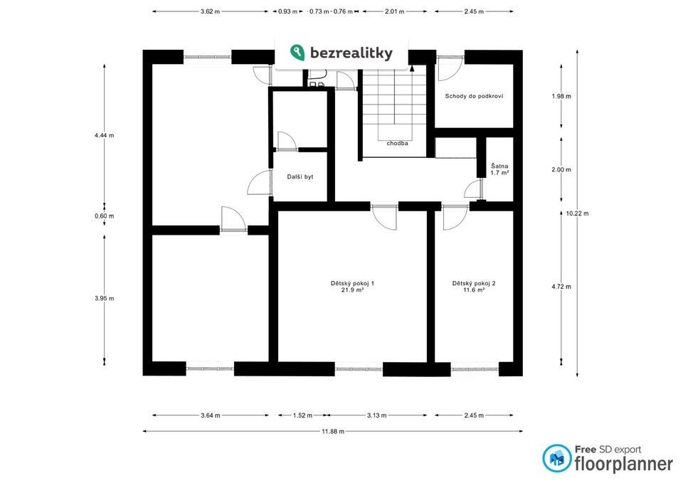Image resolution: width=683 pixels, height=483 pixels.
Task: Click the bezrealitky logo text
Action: pos(351,53)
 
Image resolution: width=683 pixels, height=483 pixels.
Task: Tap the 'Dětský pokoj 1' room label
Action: pos(352,283)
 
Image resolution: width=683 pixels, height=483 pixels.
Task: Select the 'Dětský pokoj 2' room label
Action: pos(474,283)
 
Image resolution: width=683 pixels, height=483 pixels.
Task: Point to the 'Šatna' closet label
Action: pos(499,166)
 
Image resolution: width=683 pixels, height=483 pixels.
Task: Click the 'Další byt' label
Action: pos(300,177)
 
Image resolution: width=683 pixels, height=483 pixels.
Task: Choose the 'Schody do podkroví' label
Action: pos(474,96)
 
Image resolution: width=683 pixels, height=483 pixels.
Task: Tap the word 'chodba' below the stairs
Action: pos(397,143)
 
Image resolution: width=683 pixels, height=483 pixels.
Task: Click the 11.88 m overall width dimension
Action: pos(333,431)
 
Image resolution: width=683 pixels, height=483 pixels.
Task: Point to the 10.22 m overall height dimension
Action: pos(577,213)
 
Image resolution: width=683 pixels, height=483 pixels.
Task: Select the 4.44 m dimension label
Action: pos(104,135)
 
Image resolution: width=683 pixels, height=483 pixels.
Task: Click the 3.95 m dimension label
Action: pos(104,298)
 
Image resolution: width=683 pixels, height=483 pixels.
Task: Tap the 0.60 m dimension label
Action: pos(104,216)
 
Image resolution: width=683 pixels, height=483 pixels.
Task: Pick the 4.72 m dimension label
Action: pos(561,287)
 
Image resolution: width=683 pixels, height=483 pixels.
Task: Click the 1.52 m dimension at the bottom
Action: pos(302,415)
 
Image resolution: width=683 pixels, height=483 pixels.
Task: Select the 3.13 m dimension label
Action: pos(377,415)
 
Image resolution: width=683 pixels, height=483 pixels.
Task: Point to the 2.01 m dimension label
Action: pos(395,12)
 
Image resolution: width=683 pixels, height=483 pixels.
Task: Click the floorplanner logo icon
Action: pos(556,458)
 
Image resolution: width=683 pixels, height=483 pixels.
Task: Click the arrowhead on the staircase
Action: pos(412,68)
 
